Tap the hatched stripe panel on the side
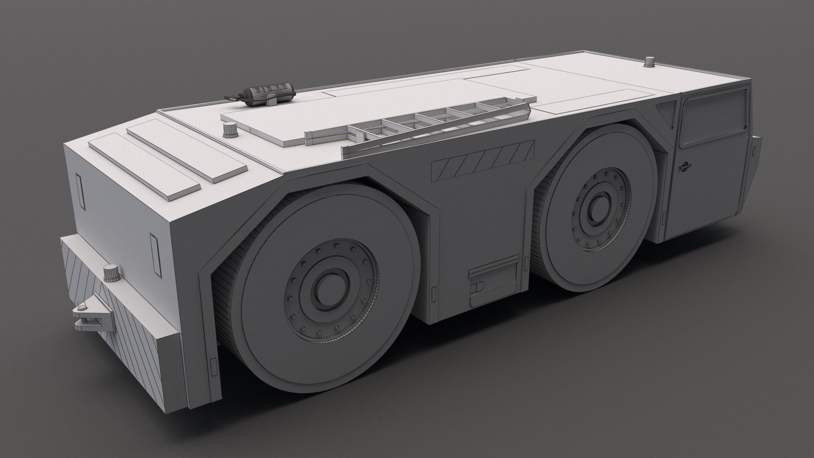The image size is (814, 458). [x=483, y=160]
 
